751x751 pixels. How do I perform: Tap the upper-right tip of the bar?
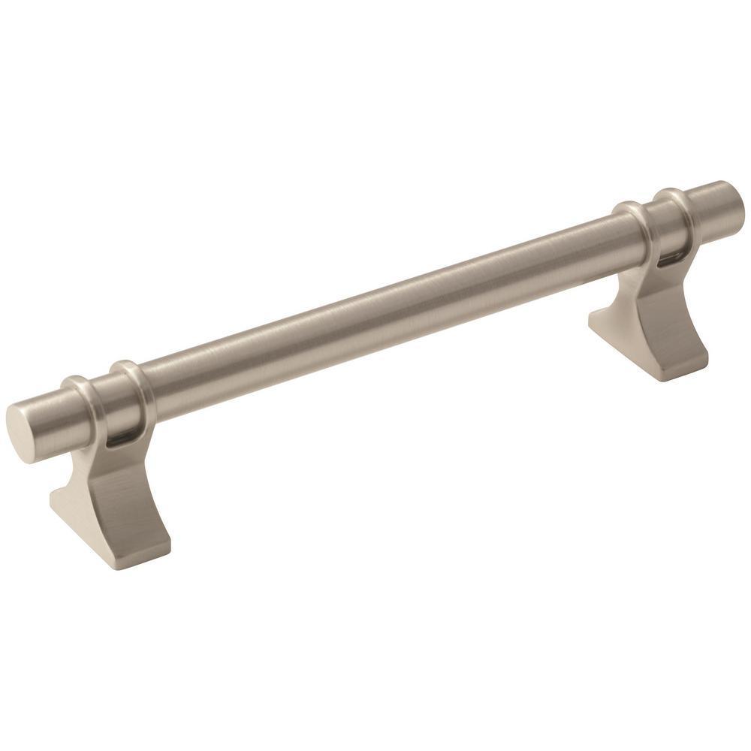pos(732,198)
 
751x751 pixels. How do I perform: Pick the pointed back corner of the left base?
pos(53,496)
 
